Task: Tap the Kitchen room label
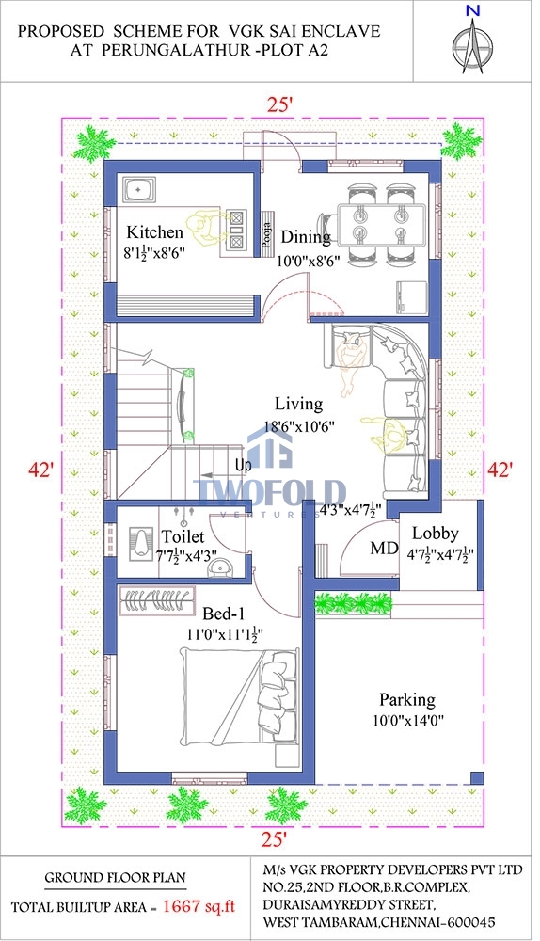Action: (154, 232)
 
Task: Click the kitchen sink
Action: (138, 190)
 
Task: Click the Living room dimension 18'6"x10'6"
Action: (299, 426)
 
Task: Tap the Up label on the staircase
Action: (243, 465)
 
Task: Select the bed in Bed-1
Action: (240, 696)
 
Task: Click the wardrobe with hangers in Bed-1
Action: (157, 600)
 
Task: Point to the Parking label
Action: (406, 700)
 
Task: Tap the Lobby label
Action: (435, 533)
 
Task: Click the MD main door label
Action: (384, 548)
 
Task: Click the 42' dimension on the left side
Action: (41, 470)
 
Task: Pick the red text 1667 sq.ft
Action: (199, 907)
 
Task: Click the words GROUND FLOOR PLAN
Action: (115, 878)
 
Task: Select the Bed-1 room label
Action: (224, 614)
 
